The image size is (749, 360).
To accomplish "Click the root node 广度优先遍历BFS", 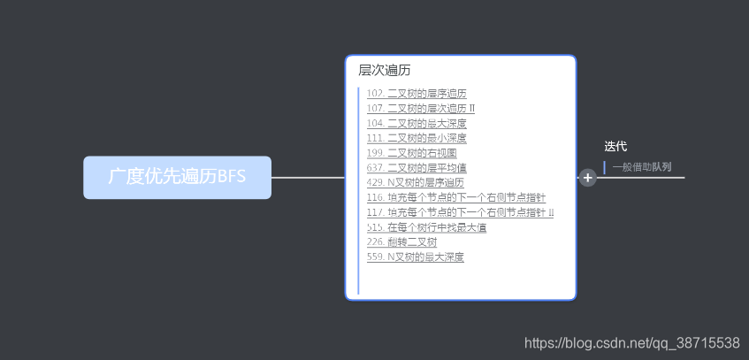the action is [x=177, y=177].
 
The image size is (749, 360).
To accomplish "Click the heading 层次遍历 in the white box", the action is [x=384, y=71].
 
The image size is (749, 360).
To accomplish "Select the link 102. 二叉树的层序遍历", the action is [x=416, y=93].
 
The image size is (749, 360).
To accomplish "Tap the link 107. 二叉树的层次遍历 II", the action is [x=420, y=108].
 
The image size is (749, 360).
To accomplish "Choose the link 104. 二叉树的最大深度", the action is [x=416, y=123].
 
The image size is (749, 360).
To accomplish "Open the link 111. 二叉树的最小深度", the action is [x=416, y=138].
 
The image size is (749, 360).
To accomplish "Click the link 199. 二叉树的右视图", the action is [x=411, y=153].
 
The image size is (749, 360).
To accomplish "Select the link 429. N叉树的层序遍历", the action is [x=415, y=182].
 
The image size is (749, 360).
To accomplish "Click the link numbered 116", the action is [x=455, y=197].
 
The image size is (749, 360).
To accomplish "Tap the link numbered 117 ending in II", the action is [x=460, y=212].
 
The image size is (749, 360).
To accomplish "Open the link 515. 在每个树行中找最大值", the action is [x=426, y=227].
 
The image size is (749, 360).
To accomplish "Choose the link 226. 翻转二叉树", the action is [x=401, y=241].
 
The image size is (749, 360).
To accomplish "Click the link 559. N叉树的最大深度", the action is [x=415, y=257].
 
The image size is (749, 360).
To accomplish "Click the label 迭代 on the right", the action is [x=615, y=146].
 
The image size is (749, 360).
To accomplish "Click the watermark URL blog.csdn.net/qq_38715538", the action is [x=631, y=342].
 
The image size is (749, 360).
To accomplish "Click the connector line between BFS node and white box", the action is [x=308, y=177].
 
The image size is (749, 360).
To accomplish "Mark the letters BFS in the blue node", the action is [x=231, y=177].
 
